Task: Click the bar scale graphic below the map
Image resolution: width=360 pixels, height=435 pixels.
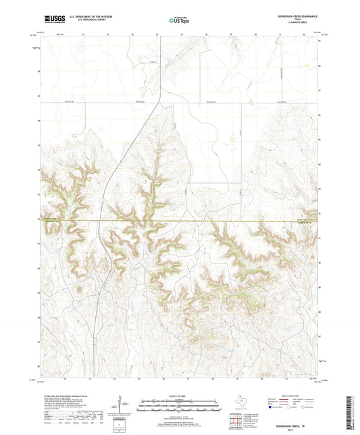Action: [x=179, y=407]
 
